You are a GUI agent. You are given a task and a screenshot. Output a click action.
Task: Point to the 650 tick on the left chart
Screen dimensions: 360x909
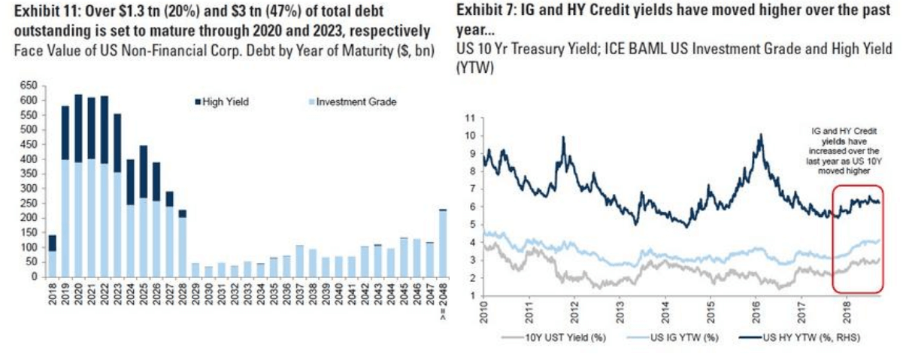click(29, 86)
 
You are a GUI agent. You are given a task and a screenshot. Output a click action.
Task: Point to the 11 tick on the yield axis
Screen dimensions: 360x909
click(471, 117)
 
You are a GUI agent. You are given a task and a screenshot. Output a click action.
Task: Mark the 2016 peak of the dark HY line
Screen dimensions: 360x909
click(761, 137)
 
